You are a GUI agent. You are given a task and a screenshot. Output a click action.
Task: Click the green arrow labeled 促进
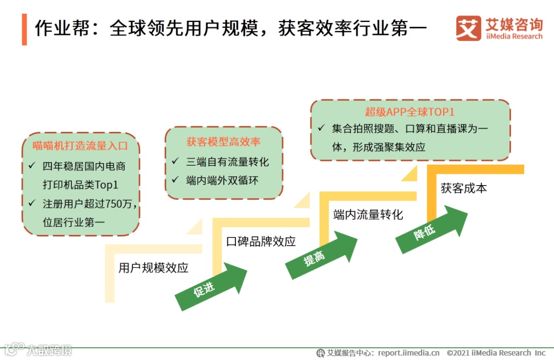(210, 287)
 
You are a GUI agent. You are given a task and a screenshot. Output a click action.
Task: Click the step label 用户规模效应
(153, 268)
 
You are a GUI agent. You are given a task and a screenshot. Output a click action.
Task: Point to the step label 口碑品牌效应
(261, 241)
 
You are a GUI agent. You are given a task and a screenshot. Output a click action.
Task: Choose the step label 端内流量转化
(368, 214)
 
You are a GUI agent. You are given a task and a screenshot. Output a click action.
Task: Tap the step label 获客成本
(464, 188)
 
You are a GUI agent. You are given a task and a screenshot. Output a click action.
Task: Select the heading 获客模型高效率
(223, 142)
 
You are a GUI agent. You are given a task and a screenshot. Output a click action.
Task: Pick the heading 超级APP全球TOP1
(410, 112)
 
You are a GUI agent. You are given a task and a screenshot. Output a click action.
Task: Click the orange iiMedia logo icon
(468, 28)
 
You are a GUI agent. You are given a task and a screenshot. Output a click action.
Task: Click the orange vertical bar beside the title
(24, 30)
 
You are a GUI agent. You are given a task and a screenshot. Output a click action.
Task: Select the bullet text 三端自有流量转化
(227, 162)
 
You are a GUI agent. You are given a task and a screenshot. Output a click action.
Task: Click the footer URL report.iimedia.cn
(409, 353)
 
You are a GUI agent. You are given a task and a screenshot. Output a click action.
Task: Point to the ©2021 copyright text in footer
(496, 353)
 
